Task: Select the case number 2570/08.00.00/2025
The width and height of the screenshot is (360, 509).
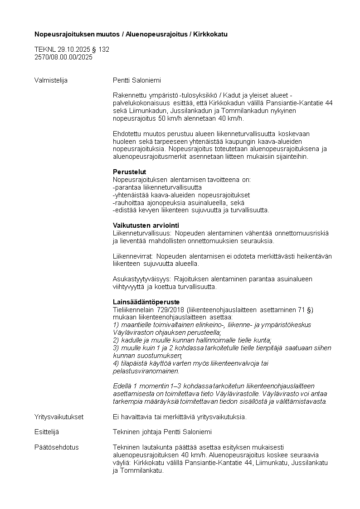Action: coord(63,57)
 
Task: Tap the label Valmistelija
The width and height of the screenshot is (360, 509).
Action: coord(51,80)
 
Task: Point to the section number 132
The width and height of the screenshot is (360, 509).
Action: coord(104,49)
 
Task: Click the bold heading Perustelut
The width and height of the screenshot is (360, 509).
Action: coord(129,172)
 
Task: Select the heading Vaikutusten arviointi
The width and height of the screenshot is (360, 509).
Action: coord(146,225)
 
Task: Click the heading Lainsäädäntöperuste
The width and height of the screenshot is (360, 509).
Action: coord(146,302)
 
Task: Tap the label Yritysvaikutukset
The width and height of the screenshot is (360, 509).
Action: coord(59,416)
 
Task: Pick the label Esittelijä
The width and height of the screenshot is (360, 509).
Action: coord(47,432)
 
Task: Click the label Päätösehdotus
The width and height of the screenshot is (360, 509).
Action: coord(56,447)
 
